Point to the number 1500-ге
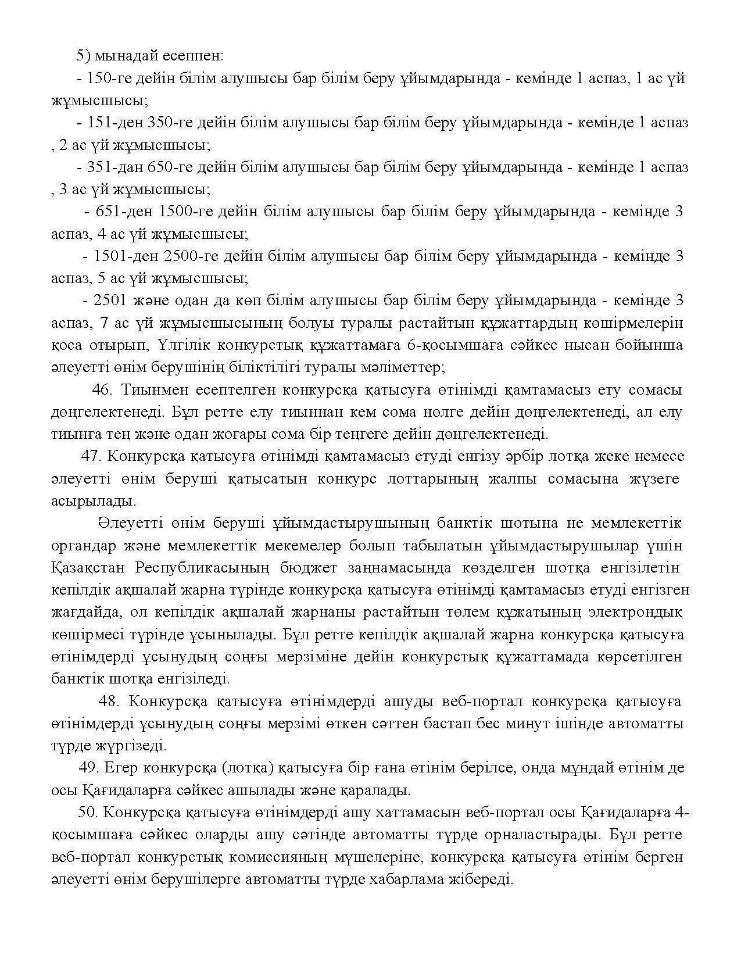point(185,212)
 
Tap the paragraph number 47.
point(92,456)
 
